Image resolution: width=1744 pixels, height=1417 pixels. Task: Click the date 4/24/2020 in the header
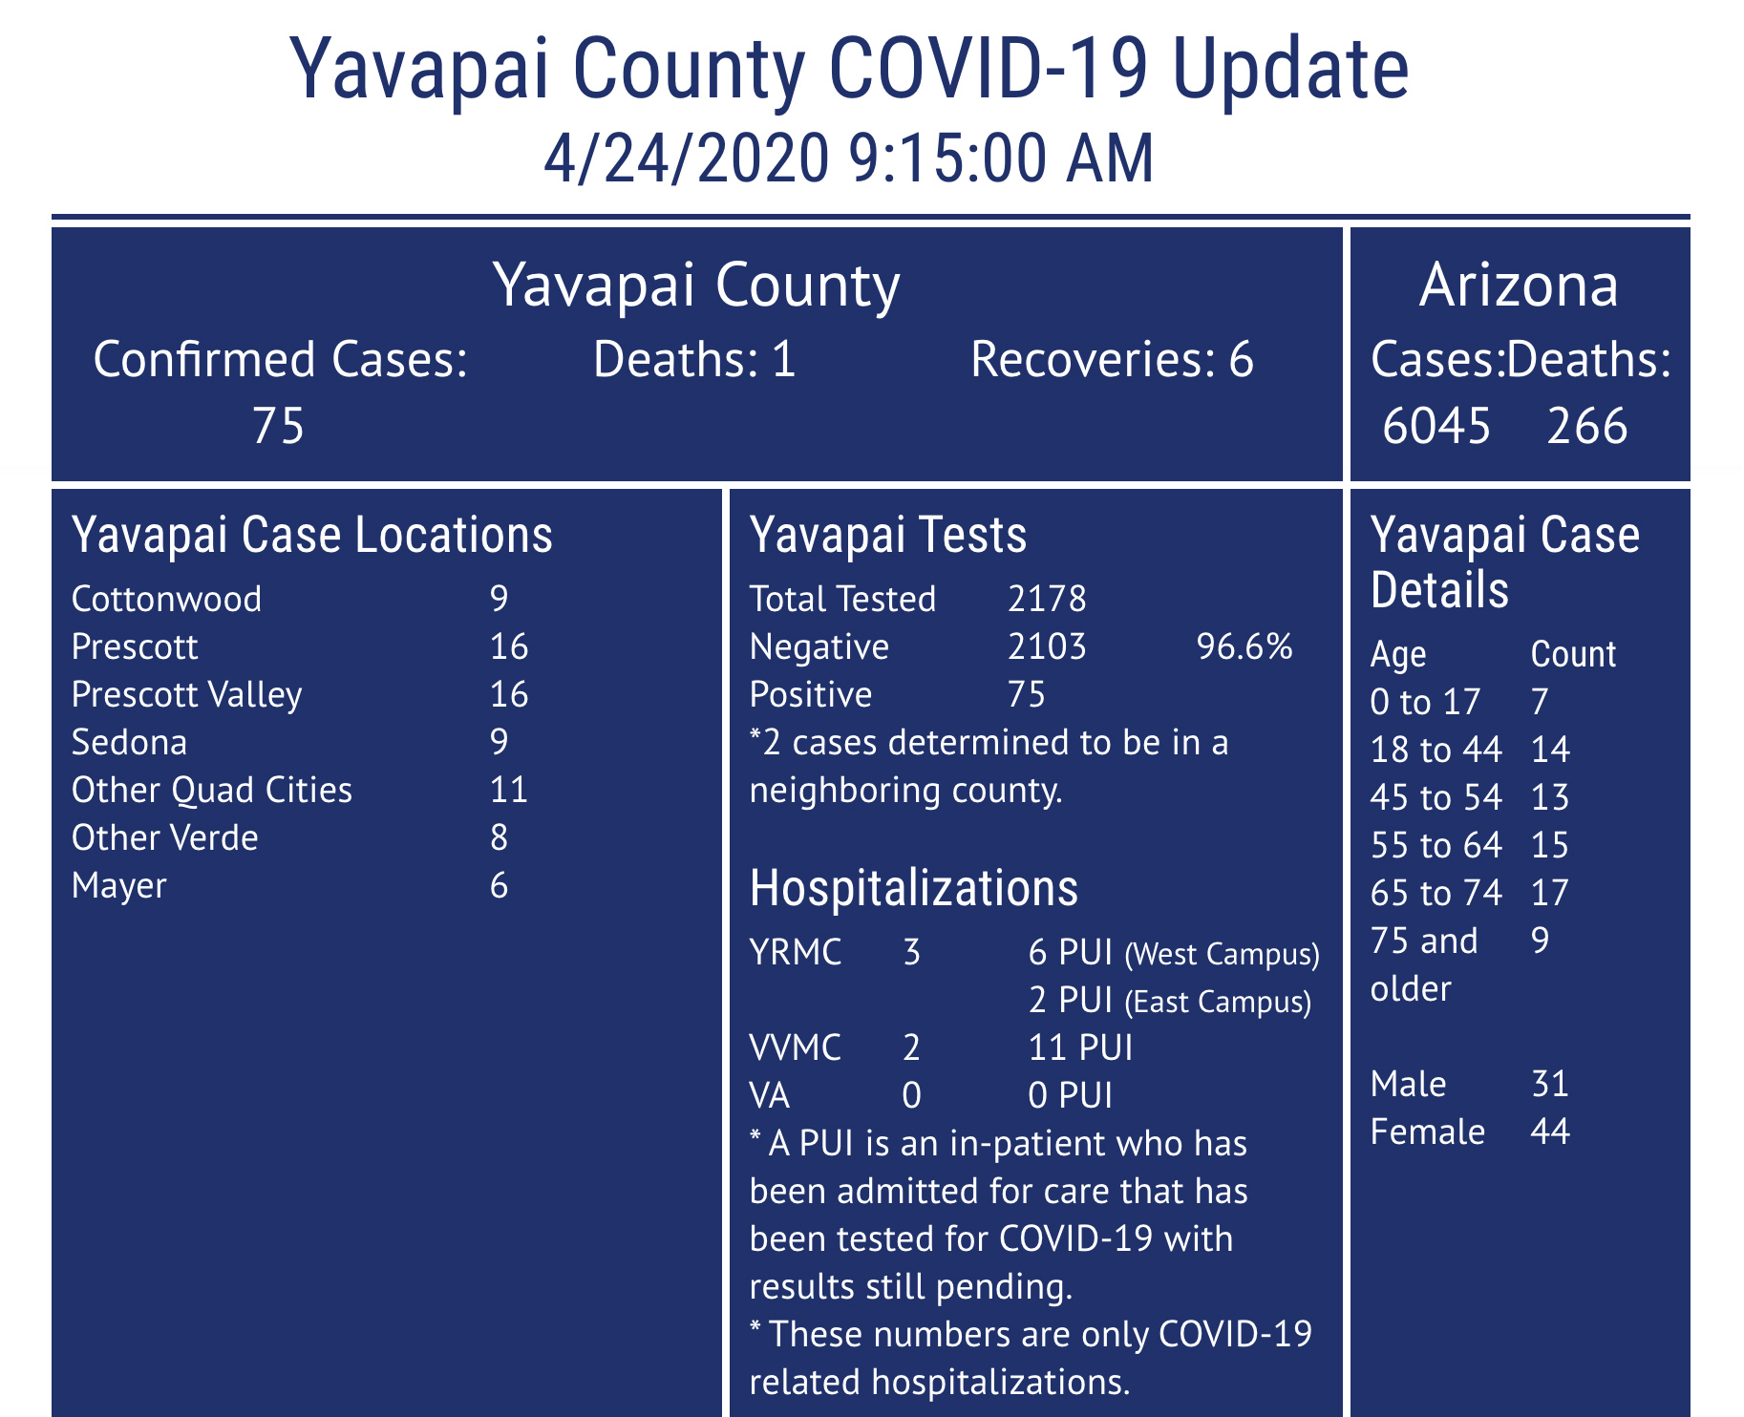(686, 159)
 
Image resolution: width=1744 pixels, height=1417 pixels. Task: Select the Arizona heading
(1519, 286)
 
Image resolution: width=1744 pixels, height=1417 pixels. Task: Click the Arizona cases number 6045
(1436, 426)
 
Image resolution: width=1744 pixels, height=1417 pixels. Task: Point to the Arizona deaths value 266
(1587, 426)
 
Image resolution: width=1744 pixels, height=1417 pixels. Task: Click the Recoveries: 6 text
(1112, 361)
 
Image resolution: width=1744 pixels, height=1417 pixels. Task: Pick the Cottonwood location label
(166, 600)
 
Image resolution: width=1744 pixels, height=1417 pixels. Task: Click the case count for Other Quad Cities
(508, 791)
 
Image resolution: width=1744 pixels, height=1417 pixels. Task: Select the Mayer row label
(118, 886)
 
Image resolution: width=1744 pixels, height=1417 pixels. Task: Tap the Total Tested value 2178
(1047, 600)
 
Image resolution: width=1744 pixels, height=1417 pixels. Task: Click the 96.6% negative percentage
(1244, 647)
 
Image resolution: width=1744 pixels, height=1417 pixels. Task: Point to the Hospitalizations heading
(914, 888)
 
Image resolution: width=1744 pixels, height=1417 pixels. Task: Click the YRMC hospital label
(796, 953)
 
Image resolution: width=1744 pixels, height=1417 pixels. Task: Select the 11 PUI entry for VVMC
(1080, 1048)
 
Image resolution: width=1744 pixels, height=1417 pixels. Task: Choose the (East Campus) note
(1218, 1002)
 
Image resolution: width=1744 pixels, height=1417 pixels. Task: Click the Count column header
(1573, 655)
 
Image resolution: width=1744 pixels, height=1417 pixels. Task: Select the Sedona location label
(129, 743)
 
